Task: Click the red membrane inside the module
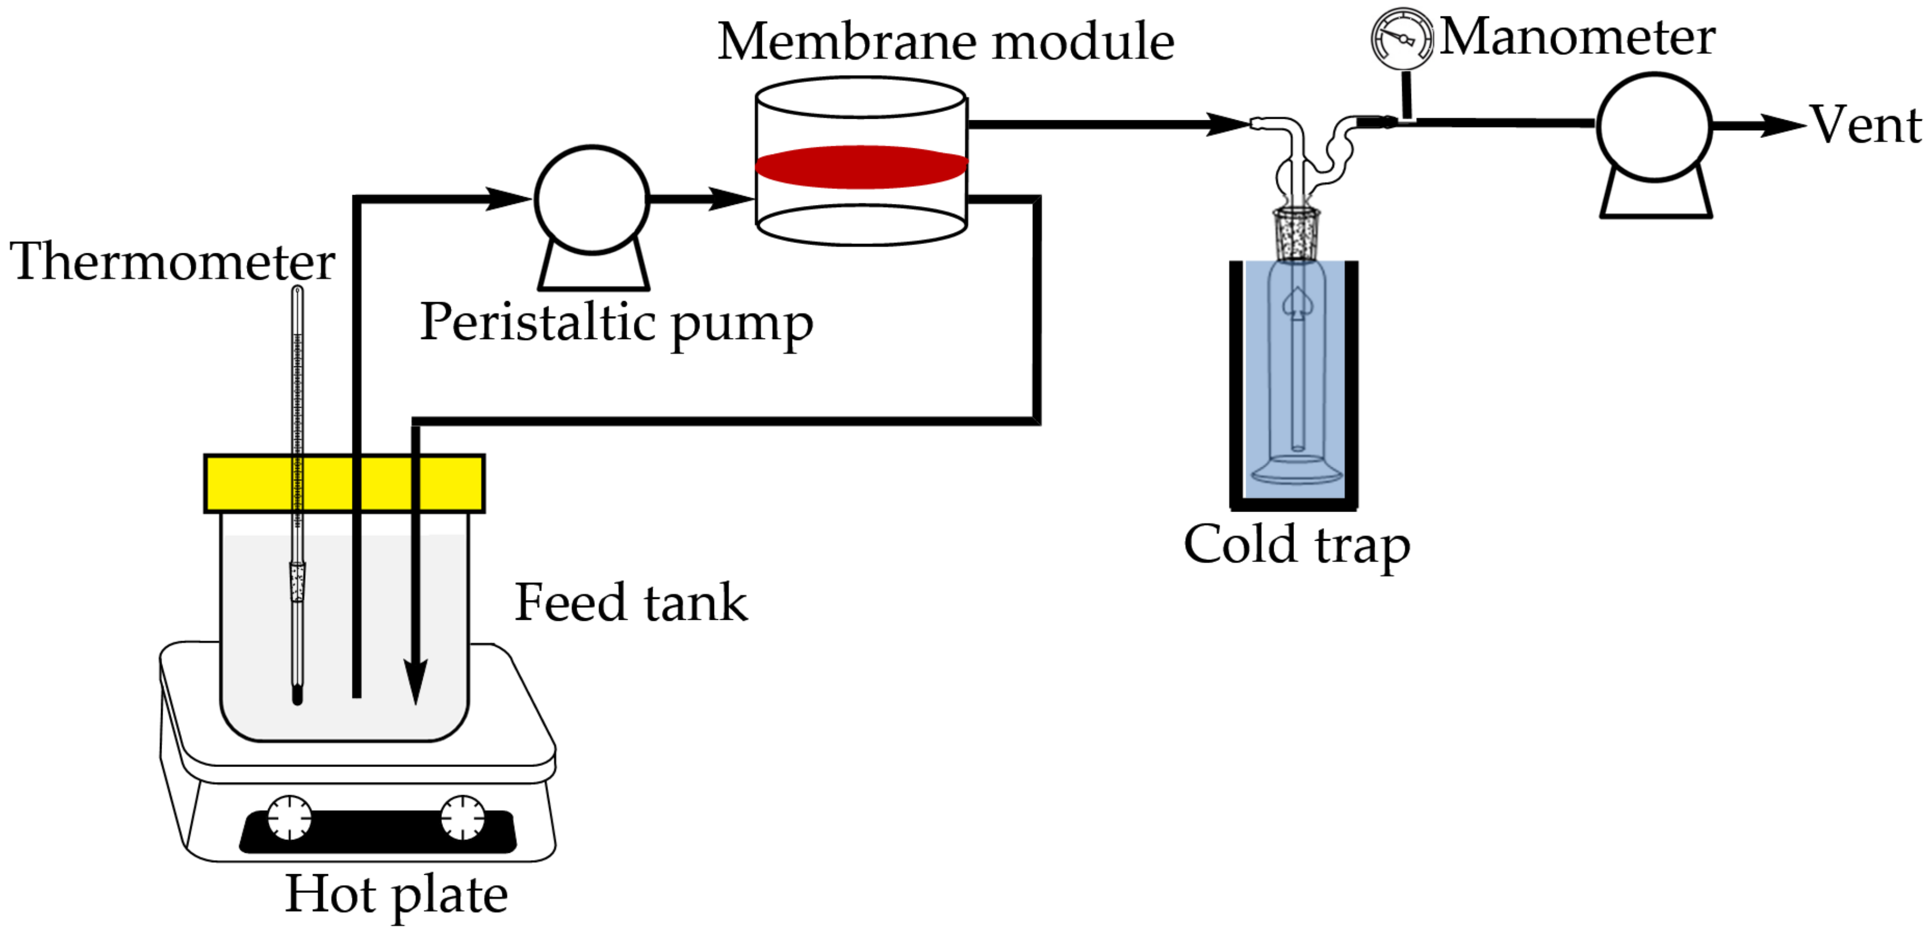(861, 166)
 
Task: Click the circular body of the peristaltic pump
(591, 200)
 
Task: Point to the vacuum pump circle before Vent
(1653, 126)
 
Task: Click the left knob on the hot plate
(289, 817)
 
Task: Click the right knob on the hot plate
(462, 817)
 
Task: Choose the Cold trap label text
(1296, 545)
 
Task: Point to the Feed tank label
(630, 603)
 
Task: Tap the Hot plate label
(396, 895)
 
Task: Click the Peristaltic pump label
(616, 323)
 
